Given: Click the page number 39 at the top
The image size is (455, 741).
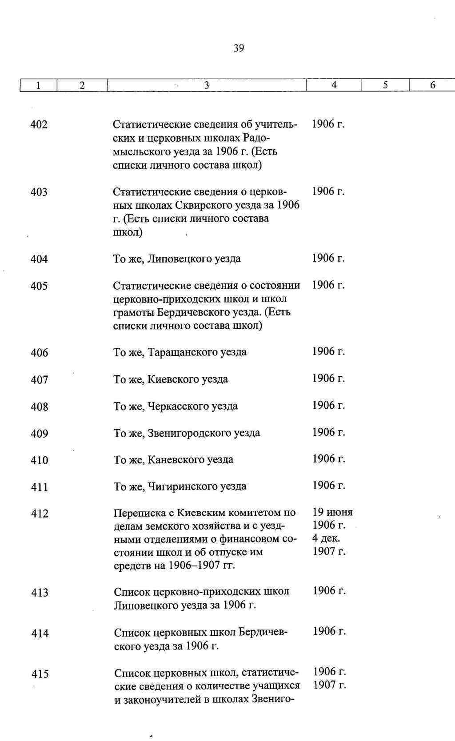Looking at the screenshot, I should [239, 48].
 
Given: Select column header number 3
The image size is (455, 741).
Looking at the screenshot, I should [207, 85].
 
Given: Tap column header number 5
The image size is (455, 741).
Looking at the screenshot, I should [385, 85].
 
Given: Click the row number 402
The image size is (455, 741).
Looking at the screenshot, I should [39, 125].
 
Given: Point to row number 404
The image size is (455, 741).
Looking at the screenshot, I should [39, 259].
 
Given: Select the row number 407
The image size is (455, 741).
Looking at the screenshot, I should [40, 380].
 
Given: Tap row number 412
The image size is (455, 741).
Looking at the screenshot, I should [40, 514].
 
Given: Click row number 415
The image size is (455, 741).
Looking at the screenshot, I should [40, 674].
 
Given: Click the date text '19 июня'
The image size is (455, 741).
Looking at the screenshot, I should [333, 512].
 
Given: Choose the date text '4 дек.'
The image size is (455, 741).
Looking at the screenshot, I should [326, 538].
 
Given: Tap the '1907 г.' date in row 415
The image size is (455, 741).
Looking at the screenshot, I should [329, 685].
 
